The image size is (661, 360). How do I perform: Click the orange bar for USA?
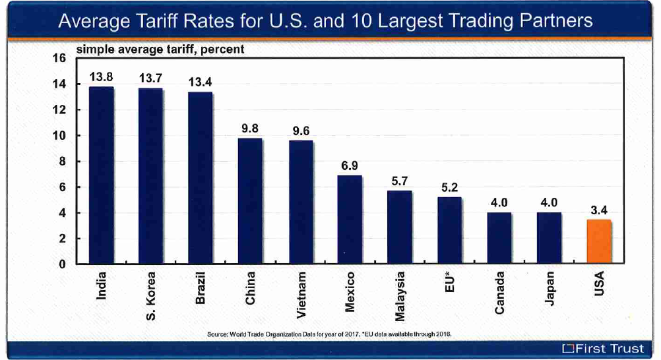click(x=599, y=242)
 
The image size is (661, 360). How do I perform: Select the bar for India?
click(x=101, y=175)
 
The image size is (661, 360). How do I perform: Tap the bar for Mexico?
click(x=350, y=220)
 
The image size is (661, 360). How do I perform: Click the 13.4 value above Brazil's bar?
click(x=200, y=82)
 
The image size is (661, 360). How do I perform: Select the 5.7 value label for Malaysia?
click(x=399, y=181)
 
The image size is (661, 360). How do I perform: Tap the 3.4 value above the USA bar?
click(x=599, y=210)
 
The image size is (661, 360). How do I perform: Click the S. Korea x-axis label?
click(x=150, y=296)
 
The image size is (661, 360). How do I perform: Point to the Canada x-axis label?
click(x=499, y=293)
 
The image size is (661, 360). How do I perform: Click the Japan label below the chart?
click(x=550, y=288)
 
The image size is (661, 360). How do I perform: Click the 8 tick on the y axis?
click(x=63, y=162)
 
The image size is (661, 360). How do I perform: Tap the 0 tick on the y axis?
click(x=63, y=265)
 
